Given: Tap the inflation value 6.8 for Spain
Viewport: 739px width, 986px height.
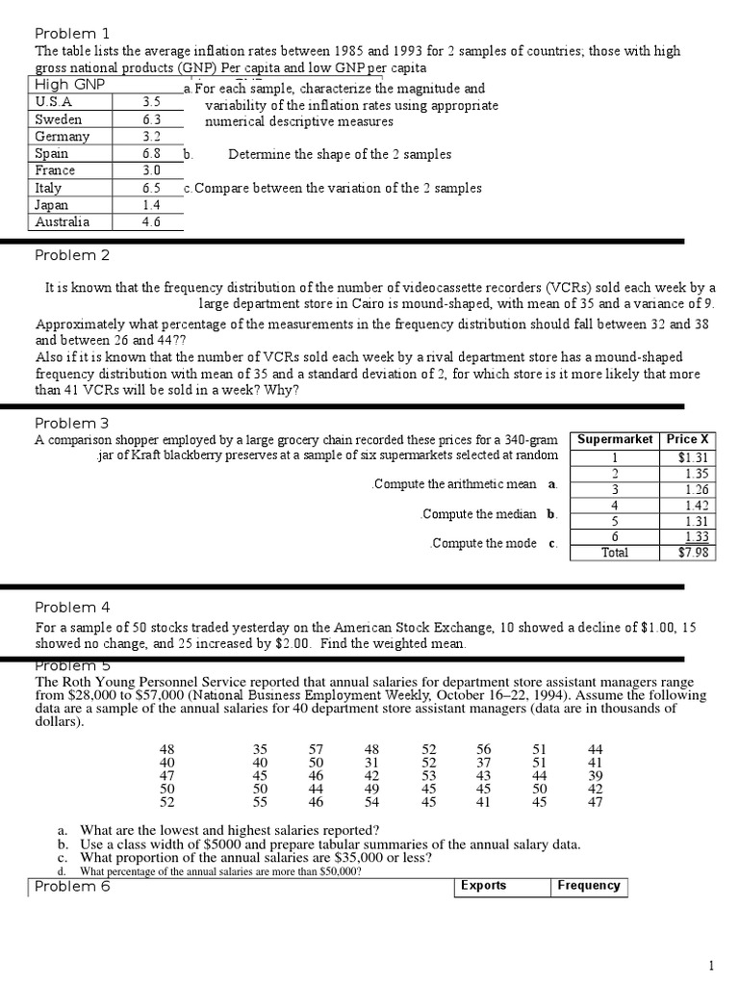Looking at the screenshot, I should point(151,154).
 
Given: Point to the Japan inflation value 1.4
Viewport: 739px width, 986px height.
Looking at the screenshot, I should point(151,205).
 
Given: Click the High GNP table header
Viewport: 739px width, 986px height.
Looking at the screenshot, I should point(69,85).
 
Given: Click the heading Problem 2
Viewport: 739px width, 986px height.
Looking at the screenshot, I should point(72,255).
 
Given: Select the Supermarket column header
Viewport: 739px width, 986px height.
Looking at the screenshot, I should point(616,439).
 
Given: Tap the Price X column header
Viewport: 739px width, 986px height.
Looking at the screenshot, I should point(687,439).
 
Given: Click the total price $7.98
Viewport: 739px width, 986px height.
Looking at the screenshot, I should point(693,553).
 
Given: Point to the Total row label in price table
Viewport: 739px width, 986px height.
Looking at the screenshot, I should point(614,553).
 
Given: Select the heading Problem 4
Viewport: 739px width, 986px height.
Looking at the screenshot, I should point(72,607).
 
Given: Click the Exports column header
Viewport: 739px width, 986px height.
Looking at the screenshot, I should point(483,886).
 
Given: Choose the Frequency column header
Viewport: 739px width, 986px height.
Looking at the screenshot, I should point(589,886).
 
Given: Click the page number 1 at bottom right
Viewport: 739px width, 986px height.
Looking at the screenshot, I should point(711,966).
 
